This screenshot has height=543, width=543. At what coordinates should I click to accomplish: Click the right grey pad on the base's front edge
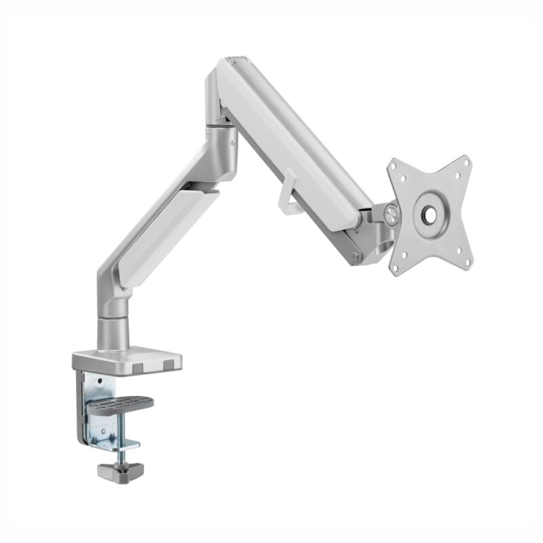click(167, 369)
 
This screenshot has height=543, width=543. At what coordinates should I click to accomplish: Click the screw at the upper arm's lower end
click(353, 256)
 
